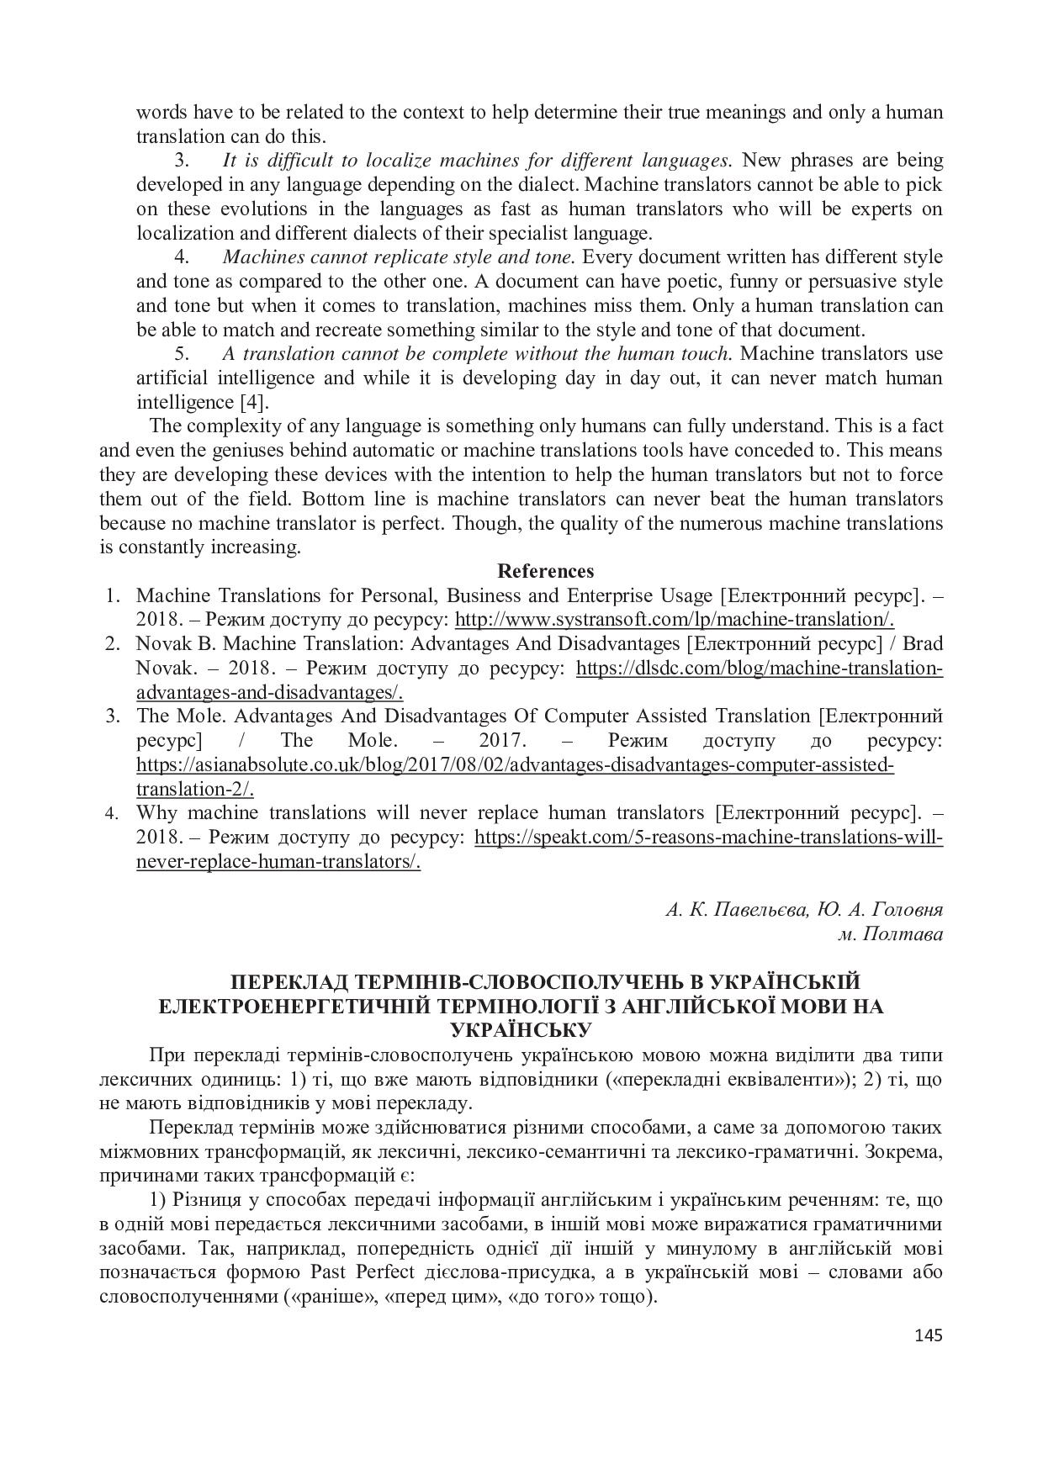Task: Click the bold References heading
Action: pos(546,571)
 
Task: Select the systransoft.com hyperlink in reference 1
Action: pos(674,620)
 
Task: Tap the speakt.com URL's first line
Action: pos(708,838)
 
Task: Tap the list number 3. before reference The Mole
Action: pos(111,716)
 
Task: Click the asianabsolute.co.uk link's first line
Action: pos(515,765)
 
